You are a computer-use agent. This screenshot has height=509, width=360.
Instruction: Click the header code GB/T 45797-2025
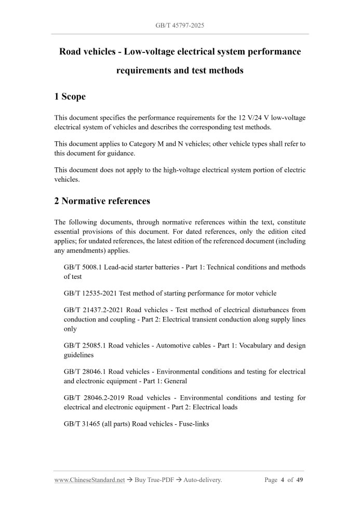180,25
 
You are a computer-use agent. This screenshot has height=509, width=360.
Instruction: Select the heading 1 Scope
70,96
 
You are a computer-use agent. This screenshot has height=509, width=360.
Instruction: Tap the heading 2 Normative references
102,200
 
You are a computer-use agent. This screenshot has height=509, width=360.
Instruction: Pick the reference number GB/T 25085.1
85,345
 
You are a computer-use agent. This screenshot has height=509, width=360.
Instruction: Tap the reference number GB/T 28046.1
85,371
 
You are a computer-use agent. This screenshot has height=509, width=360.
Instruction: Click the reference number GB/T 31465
80,424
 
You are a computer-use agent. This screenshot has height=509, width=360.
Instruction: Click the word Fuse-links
192,424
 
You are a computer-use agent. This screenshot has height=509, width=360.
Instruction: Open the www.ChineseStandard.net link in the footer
89,480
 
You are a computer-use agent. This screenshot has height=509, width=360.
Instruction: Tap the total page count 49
300,480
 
